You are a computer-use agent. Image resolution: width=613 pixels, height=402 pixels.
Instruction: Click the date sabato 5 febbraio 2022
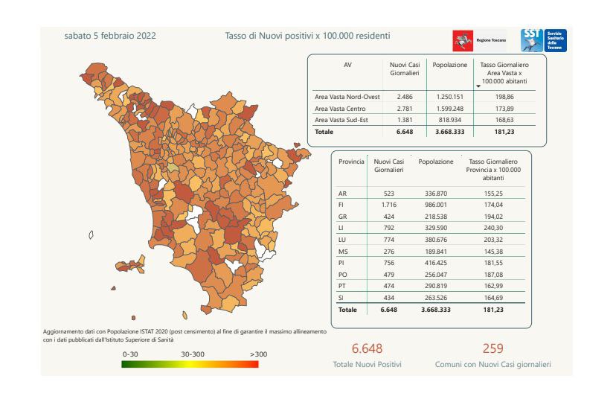point(109,36)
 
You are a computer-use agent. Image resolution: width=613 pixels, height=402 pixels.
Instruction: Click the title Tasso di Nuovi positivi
point(307,36)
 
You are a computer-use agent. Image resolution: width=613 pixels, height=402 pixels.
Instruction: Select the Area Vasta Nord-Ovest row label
point(347,97)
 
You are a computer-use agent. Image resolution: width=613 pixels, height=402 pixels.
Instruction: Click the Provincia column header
point(351,161)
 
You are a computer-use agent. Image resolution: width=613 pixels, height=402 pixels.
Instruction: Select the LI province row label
point(342,229)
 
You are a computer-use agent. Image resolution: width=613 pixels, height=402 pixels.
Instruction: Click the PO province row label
point(343,275)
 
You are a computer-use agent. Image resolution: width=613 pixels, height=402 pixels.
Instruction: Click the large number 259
point(492,348)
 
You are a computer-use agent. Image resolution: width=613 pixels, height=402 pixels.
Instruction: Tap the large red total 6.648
point(367,348)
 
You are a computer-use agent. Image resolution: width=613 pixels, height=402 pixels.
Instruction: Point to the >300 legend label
point(258,354)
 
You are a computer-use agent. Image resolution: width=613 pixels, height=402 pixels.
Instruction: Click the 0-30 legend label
point(132,354)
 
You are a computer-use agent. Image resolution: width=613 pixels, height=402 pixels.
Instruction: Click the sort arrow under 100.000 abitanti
point(478,86)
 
